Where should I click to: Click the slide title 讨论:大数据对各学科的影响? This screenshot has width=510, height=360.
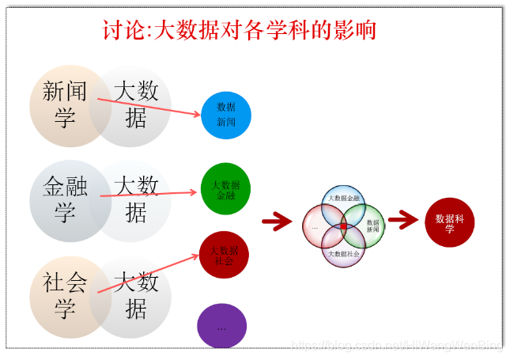[x=239, y=31]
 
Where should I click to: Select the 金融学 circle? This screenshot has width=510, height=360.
[x=65, y=198]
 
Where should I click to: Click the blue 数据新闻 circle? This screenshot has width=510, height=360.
[x=226, y=116]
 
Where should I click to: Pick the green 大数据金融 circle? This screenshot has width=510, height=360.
[x=225, y=189]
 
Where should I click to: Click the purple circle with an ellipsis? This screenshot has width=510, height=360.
[x=221, y=325]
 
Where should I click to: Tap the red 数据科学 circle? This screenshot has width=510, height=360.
[x=449, y=222]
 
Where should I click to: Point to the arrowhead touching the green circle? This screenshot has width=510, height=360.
[x=195, y=191]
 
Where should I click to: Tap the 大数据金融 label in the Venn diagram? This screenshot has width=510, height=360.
[x=344, y=198]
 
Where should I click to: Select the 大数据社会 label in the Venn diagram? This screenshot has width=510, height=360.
[x=344, y=253]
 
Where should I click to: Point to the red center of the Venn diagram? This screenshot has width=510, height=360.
[x=343, y=227]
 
